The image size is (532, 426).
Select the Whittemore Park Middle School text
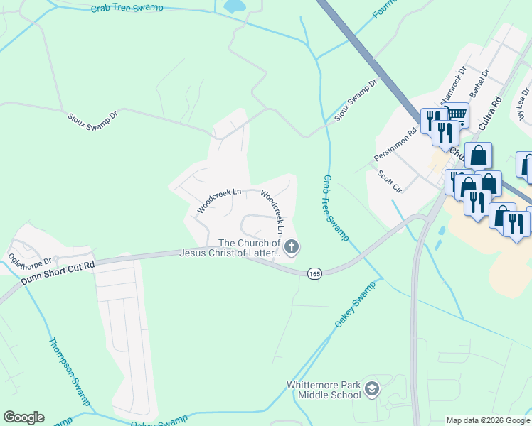click(324, 390)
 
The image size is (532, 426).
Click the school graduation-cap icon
click(372, 388)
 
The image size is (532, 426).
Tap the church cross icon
click(291, 247)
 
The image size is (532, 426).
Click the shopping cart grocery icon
click(456, 114)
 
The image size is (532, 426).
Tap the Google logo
click(23, 417)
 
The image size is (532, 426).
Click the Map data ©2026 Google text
click(488, 420)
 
